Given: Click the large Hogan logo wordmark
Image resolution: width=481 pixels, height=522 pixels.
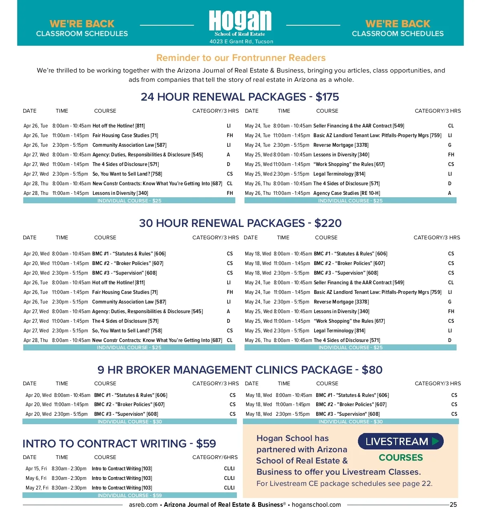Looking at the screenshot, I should click(x=240, y=21).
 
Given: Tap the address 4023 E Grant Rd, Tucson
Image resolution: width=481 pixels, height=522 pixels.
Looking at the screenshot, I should click(x=241, y=42).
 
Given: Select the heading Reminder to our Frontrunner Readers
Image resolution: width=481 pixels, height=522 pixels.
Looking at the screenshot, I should click(x=241, y=58).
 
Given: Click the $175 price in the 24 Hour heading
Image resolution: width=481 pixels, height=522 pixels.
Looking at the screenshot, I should click(x=327, y=97).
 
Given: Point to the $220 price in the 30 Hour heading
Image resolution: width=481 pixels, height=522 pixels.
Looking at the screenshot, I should click(x=328, y=223).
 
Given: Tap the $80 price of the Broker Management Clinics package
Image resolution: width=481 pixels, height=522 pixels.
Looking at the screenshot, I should click(x=372, y=370).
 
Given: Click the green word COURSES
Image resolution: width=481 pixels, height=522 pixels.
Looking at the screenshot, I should click(x=401, y=458).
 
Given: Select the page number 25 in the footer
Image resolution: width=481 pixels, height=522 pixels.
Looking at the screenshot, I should click(x=453, y=505).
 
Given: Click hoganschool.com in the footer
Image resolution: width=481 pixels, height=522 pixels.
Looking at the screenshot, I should click(x=316, y=505).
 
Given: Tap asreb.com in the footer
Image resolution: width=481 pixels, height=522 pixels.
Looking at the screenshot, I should click(x=143, y=505).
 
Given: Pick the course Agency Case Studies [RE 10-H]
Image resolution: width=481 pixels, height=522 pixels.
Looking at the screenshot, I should click(x=347, y=193).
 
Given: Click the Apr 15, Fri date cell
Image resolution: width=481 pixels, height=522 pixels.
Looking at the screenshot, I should click(x=36, y=469).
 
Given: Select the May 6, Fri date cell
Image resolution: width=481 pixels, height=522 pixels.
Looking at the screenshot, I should click(x=36, y=478).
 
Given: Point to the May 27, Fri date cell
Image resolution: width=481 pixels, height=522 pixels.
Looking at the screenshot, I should click(x=37, y=488).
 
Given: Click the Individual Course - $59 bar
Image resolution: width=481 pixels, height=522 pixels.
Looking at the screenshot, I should click(x=129, y=496).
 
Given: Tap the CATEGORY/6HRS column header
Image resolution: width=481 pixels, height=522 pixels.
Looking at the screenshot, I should click(x=215, y=457).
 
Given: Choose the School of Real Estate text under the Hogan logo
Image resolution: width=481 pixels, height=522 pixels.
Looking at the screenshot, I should click(x=240, y=34).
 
